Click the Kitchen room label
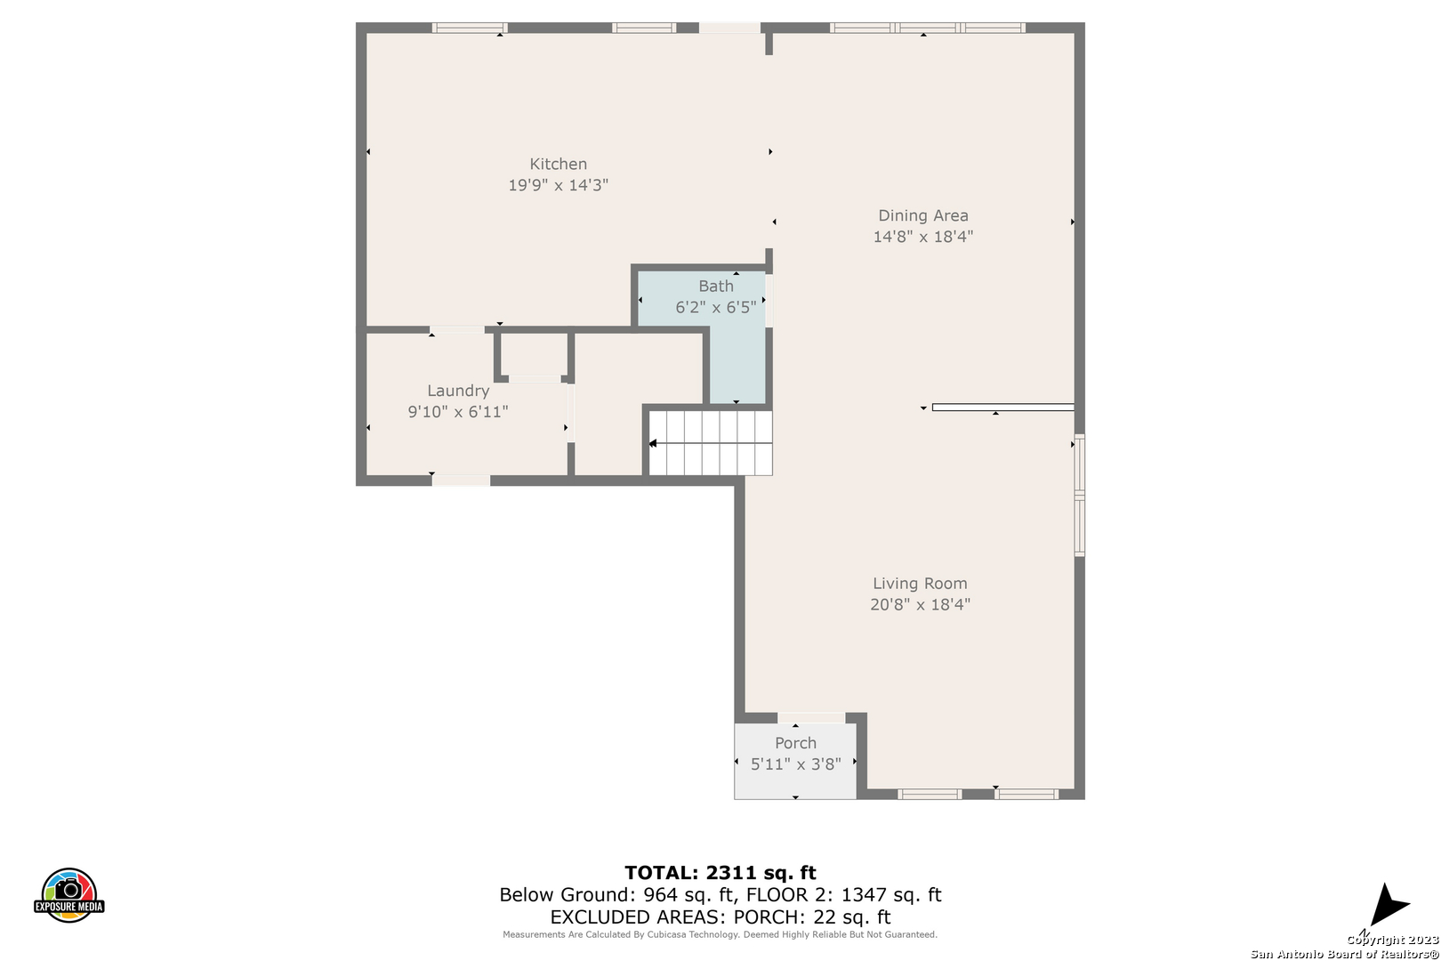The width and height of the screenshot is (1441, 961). pyautogui.click(x=558, y=164)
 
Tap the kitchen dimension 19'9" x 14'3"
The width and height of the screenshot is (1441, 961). pyautogui.click(x=558, y=185)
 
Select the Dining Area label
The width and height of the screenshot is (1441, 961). pyautogui.click(x=923, y=215)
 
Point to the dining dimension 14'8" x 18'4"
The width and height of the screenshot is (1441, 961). pyautogui.click(x=922, y=237)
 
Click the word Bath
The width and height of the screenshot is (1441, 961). pyautogui.click(x=716, y=287)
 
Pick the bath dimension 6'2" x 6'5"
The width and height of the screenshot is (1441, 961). pyautogui.click(x=716, y=308)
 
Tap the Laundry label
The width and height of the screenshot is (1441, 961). pyautogui.click(x=458, y=391)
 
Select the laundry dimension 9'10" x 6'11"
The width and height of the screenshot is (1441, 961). pyautogui.click(x=458, y=412)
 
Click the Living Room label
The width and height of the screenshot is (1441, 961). pyautogui.click(x=920, y=584)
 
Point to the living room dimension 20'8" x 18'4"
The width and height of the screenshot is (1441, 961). pyautogui.click(x=920, y=604)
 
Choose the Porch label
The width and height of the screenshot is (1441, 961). pyautogui.click(x=796, y=743)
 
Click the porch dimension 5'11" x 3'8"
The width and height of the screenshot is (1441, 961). pyautogui.click(x=796, y=764)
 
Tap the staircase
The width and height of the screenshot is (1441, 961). pyautogui.click(x=710, y=443)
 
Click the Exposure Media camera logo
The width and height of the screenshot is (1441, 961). pyautogui.click(x=68, y=894)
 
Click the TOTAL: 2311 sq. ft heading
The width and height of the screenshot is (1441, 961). pyautogui.click(x=720, y=873)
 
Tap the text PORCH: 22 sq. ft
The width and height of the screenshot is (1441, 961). pyautogui.click(x=812, y=917)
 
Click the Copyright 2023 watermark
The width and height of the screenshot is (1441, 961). pyautogui.click(x=1393, y=940)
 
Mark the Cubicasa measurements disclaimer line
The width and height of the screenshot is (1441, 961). pyautogui.click(x=720, y=934)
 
